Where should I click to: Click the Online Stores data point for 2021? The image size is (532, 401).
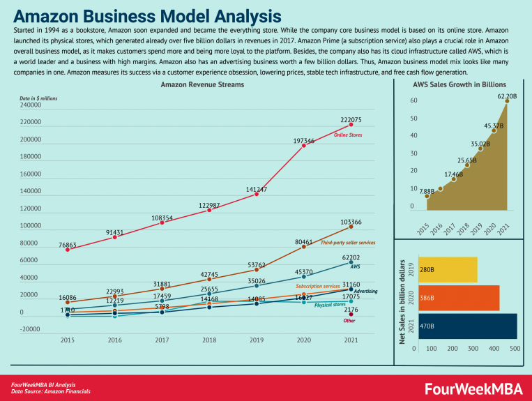pyautogui.click(x=351, y=125)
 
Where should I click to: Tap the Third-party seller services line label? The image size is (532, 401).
pyautogui.click(x=348, y=242)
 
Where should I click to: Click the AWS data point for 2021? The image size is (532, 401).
pyautogui.click(x=351, y=263)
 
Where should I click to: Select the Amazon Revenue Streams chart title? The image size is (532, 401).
pyautogui.click(x=202, y=84)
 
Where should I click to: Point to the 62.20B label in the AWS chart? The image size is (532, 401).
pyautogui.click(x=507, y=95)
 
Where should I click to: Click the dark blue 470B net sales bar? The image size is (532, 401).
pyautogui.click(x=466, y=326)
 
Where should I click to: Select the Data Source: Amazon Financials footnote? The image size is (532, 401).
pyautogui.click(x=50, y=391)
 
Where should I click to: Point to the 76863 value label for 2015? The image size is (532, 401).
pyautogui.click(x=68, y=237)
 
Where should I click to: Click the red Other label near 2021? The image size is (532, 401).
pyautogui.click(x=350, y=320)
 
